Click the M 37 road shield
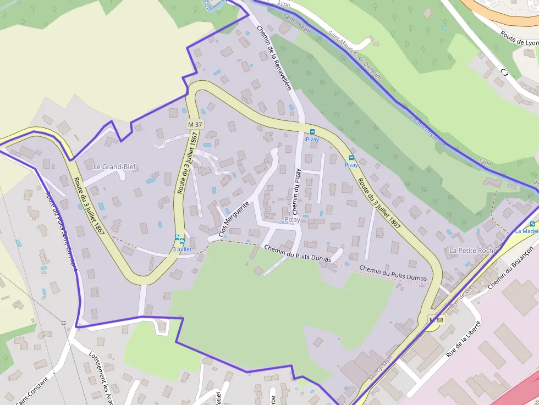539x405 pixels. point(195,124)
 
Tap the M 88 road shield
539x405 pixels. point(436,320)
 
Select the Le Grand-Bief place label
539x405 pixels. point(114,167)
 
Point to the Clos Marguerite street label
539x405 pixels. point(234,219)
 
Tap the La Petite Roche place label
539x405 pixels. point(473,251)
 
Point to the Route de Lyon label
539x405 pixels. point(519,38)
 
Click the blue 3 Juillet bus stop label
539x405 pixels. point(182,249)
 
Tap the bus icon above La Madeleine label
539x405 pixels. point(532,224)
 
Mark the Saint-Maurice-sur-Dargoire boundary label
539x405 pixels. point(355,54)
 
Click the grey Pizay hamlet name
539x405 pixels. point(292,220)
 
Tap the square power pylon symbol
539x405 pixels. point(64,323)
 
